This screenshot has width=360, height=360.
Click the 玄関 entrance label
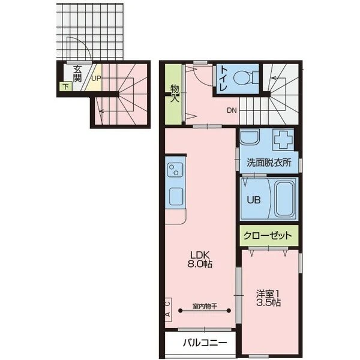pyautogui.click(x=77, y=74)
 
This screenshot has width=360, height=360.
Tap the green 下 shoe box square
pyautogui.click(x=66, y=87)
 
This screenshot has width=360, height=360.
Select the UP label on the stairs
pyautogui.click(x=96, y=78)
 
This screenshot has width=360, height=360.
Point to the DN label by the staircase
pyautogui.click(x=232, y=110)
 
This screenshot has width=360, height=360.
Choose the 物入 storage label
pyautogui.click(x=175, y=93)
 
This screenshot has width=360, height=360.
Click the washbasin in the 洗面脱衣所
pyautogui.click(x=250, y=137)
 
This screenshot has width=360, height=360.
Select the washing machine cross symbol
pyautogui.click(x=283, y=140)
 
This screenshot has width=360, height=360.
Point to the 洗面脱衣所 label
pyautogui.click(x=269, y=163)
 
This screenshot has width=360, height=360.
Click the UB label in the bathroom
pyautogui.click(x=254, y=200)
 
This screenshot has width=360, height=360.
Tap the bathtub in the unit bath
pyautogui.click(x=285, y=199)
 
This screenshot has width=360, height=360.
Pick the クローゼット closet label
pyautogui.click(x=268, y=236)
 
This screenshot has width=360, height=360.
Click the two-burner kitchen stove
pyautogui.click(x=175, y=170)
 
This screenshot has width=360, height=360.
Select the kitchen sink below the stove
pyautogui.click(x=176, y=196)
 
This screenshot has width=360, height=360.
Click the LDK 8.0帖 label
pyautogui.click(x=200, y=260)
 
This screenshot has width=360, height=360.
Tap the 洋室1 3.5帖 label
pyautogui.click(x=268, y=298)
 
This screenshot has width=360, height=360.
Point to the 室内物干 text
pyautogui.click(x=205, y=306)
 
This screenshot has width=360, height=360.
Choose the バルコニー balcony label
pyautogui.click(x=205, y=343)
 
